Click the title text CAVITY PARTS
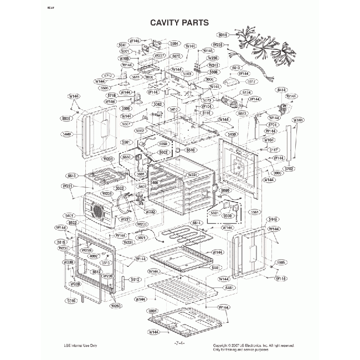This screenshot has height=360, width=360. pyautogui.click(x=179, y=23)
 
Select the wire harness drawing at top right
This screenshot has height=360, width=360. pyautogui.click(x=263, y=47)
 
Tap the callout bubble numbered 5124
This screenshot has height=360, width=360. pyautogui.click(x=246, y=92)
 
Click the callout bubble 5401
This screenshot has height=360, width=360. pyautogui.click(x=69, y=215)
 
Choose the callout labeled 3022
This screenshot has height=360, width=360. pyautogui.click(x=119, y=188)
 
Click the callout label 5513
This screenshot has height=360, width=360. pyautogui.click(x=71, y=175)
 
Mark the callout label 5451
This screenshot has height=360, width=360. pyautogui.click(x=225, y=288)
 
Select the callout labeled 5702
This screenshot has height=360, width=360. pyautogui.click(x=289, y=168)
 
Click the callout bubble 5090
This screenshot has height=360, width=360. pyautogui.click(x=224, y=191)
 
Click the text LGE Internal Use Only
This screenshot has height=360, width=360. pyautogui.click(x=81, y=346)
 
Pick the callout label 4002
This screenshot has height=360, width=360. pyautogui.click(x=93, y=256)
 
